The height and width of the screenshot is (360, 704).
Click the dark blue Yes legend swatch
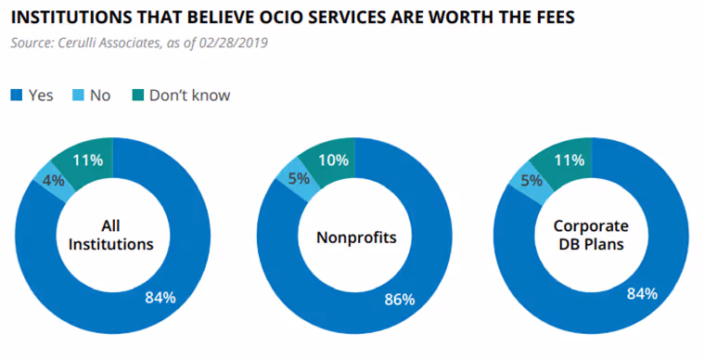(x=16, y=95)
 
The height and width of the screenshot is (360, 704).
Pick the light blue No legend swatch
(x=79, y=95)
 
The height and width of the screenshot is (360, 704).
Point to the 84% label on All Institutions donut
(x=160, y=297)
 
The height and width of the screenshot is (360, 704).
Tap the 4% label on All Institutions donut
(x=53, y=180)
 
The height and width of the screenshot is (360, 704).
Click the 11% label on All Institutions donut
(x=87, y=159)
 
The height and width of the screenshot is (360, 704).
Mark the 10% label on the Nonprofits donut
(x=333, y=160)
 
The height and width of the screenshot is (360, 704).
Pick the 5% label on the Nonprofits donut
(x=297, y=179)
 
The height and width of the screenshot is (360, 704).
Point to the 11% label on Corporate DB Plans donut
(x=568, y=160)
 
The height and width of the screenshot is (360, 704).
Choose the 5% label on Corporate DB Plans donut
(x=531, y=180)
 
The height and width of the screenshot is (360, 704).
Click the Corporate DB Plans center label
(x=591, y=236)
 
